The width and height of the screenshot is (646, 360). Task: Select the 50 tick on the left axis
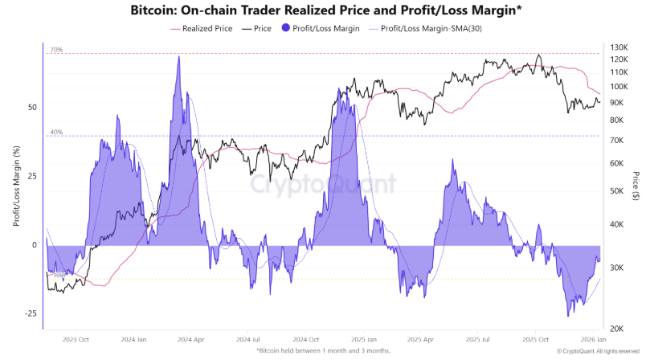32,107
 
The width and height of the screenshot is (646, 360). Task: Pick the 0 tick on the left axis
35,245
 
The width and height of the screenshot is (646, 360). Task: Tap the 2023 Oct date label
75,341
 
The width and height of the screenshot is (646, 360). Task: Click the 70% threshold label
56,50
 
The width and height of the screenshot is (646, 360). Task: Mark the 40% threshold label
56,132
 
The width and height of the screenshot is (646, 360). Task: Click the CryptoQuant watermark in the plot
321,186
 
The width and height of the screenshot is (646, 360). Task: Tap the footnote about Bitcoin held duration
323,351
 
